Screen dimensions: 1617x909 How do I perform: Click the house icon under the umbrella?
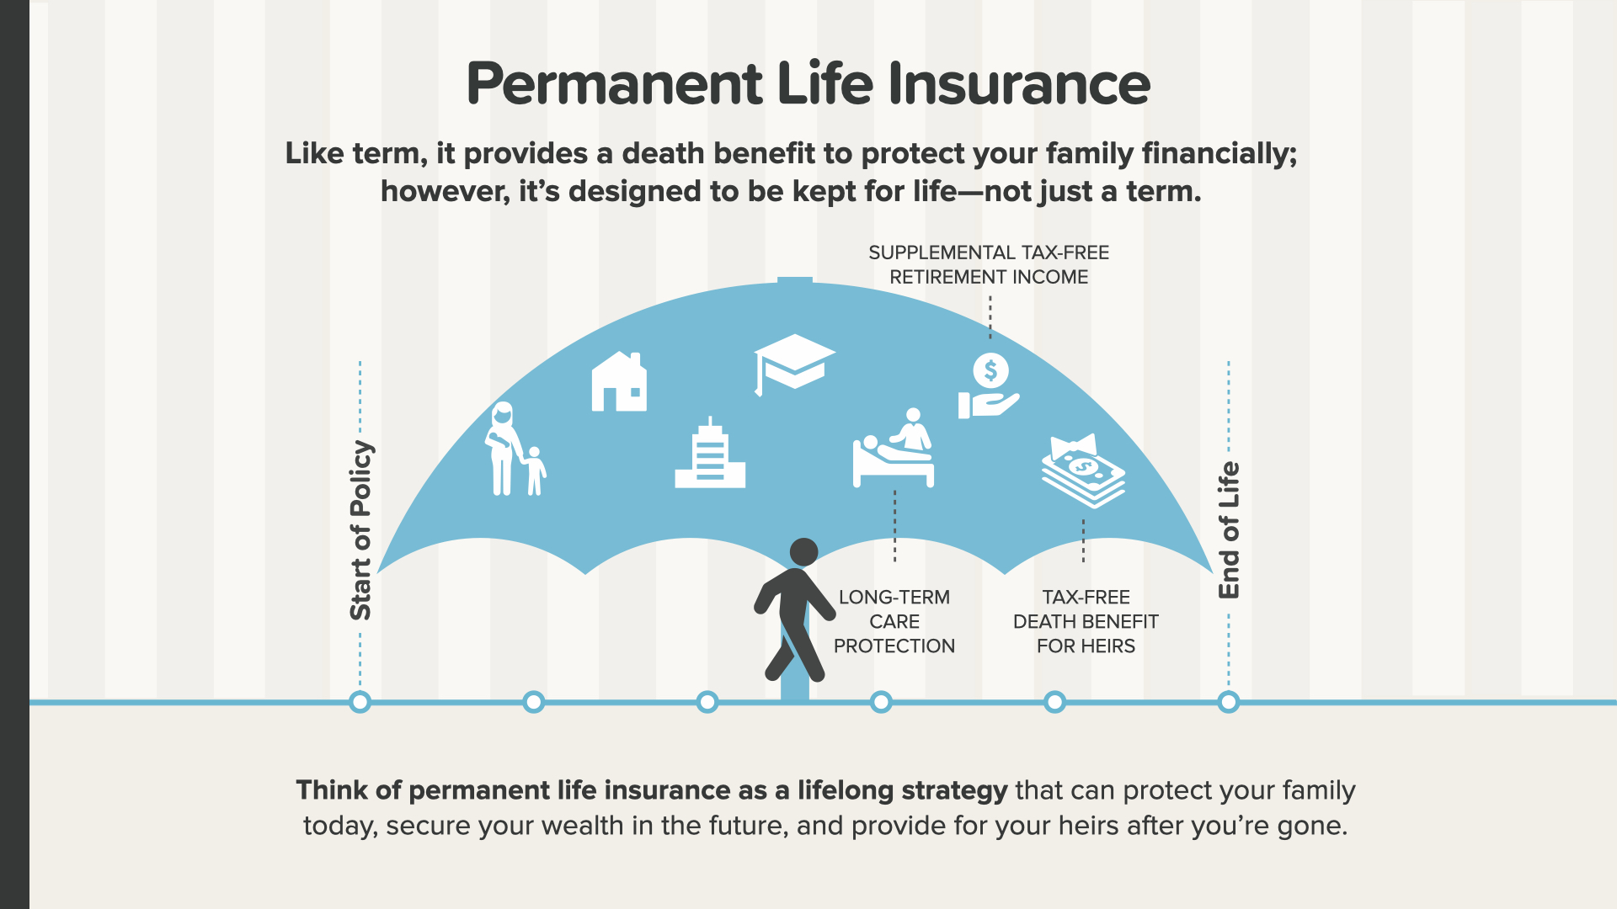coord(619,381)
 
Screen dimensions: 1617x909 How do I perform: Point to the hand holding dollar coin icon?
coord(989,386)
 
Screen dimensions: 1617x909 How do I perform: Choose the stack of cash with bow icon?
coord(1084,470)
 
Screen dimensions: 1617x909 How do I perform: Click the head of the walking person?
coord(803,552)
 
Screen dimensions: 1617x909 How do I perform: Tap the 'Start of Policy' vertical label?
coord(360,530)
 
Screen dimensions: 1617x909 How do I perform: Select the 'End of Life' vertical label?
coord(1229,530)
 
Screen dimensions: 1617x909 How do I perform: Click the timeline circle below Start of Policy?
coord(360,702)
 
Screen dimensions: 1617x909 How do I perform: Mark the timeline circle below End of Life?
coord(1229,702)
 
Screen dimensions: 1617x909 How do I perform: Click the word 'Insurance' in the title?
coord(1019,84)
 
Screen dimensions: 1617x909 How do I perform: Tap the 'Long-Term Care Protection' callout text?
coord(894,621)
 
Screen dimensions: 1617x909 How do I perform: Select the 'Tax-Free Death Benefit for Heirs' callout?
coord(1086,621)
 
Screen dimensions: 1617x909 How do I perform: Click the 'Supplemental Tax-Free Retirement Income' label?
coord(989,264)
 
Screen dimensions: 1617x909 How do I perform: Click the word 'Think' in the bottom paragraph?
coord(332,790)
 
